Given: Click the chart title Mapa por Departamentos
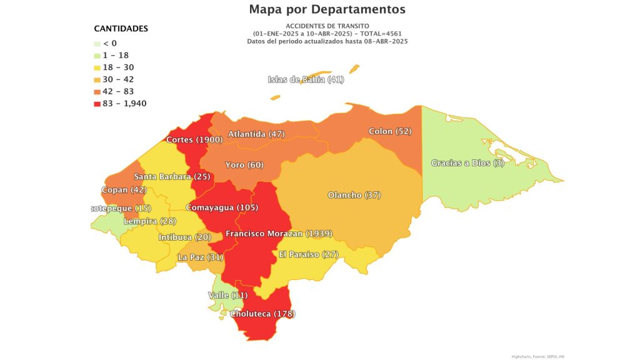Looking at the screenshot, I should coord(327,9).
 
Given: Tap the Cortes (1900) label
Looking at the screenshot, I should coord(195,139).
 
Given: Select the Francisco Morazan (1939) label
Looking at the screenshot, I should coord(279,234).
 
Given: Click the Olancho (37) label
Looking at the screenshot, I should coord(354,196).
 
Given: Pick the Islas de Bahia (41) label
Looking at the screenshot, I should coord(306,79).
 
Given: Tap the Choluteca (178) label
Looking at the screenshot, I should coord(262,314).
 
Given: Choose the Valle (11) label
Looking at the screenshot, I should coord(227,295).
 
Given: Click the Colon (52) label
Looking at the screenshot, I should coord(390,132).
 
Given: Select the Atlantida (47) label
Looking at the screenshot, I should coord(256,134).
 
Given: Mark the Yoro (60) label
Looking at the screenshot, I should coord(244,165).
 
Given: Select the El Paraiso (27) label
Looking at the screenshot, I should coord(308,254).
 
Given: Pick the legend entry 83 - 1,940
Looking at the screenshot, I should coord(124,104).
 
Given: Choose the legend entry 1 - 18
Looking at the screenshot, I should coord(117,56).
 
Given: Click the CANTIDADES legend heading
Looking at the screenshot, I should coord(121,29).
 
